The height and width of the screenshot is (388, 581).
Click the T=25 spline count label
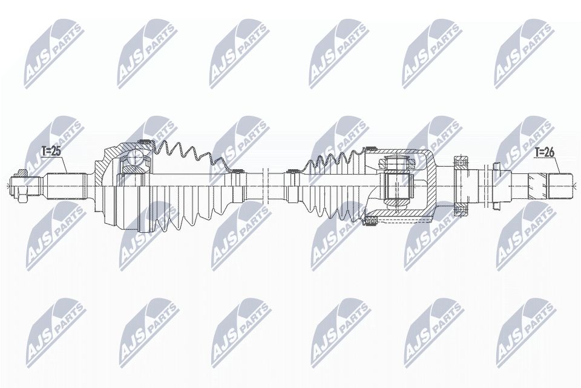tap(52, 151)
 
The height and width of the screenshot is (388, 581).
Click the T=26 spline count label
tap(544, 154)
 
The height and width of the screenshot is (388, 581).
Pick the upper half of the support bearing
tap(463, 163)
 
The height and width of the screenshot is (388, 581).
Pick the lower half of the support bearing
tap(463, 208)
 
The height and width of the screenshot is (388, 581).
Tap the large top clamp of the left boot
tap(145, 142)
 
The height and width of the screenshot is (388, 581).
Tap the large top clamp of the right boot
tap(367, 148)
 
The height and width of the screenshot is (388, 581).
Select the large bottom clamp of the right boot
tap(367, 224)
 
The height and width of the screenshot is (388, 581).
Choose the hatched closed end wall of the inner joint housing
tap(432, 181)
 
